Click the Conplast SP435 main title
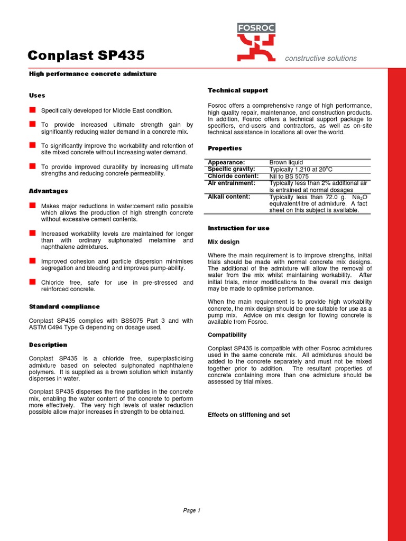(86, 56)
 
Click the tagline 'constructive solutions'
(321, 58)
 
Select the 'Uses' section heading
(36, 96)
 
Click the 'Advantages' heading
(48, 191)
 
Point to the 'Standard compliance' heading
(64, 306)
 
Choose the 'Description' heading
(48, 344)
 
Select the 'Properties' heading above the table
(225, 148)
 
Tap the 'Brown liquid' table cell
(286, 162)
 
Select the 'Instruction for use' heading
(238, 228)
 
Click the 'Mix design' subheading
(224, 242)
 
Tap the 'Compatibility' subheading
(227, 335)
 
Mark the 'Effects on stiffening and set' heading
(249, 415)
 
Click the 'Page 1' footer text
(192, 510)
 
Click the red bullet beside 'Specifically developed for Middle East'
(32, 110)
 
